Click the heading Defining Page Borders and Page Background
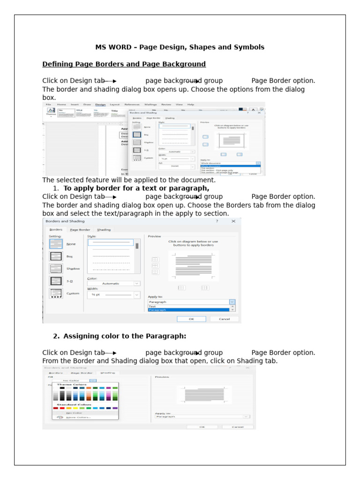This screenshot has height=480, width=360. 124,64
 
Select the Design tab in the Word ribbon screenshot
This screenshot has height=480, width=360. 100,105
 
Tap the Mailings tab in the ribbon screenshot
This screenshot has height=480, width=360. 150,105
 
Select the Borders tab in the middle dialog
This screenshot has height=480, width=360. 56,230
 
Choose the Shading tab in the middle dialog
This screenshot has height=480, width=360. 104,230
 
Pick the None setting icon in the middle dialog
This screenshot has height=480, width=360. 56,244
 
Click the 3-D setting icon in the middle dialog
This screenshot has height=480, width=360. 56,281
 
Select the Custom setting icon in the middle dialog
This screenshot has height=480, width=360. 56,293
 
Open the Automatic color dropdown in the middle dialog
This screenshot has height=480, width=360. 113,283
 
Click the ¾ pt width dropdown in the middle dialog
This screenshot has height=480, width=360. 113,295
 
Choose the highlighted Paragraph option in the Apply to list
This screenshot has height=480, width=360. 189,310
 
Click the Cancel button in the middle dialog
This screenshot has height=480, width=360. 224,319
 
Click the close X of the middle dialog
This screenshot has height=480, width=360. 233,221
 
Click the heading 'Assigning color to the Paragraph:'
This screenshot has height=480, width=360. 125,336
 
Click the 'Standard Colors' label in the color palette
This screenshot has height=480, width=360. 74,404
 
